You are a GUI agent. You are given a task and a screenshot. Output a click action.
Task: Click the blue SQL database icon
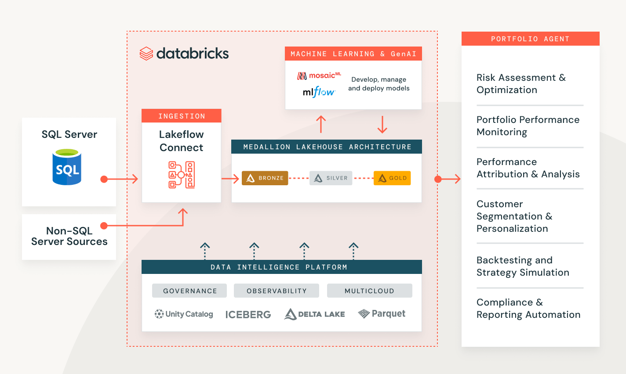[x=67, y=167]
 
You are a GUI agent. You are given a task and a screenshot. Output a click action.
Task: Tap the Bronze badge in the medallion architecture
[x=265, y=178]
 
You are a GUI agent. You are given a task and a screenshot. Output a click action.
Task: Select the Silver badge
[x=331, y=178]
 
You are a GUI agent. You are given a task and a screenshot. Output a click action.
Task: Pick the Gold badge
[x=392, y=178]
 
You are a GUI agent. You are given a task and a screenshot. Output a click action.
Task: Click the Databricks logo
[x=184, y=54]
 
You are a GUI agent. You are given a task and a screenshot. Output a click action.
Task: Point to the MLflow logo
[x=319, y=92]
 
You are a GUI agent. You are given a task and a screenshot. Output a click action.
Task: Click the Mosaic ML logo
[x=319, y=76]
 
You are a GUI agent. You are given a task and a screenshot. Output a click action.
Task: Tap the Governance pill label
[x=189, y=291]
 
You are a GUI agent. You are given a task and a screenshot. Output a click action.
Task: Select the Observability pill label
[x=277, y=291]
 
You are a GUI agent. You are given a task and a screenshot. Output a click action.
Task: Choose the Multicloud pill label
[x=369, y=291]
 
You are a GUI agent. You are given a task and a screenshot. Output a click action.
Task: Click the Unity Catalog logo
[x=184, y=314]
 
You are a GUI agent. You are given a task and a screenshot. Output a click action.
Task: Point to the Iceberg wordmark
[x=248, y=314]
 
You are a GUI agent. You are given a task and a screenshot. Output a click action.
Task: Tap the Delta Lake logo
[x=314, y=314]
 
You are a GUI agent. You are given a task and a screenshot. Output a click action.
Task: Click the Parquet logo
[x=382, y=313]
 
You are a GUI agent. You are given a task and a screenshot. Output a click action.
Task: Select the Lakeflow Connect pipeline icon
[x=182, y=175]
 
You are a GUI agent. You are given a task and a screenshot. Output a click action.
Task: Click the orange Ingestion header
[x=182, y=116]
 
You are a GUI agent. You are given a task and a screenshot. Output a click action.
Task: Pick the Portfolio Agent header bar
[x=530, y=39]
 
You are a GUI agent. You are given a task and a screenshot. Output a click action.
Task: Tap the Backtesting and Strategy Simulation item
[x=523, y=266]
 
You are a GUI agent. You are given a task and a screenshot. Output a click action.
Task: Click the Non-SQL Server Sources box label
[x=69, y=236]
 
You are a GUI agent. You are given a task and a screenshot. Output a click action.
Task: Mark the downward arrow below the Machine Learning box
[x=382, y=125]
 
